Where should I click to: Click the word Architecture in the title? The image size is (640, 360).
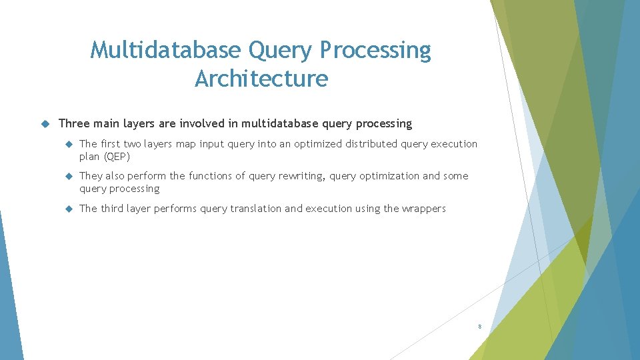tap(261, 79)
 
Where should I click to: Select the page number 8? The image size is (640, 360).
tap(479, 327)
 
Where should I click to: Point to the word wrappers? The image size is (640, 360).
tap(423, 209)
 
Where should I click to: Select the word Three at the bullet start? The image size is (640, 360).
tap(73, 123)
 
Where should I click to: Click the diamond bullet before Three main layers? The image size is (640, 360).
tap(45, 124)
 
